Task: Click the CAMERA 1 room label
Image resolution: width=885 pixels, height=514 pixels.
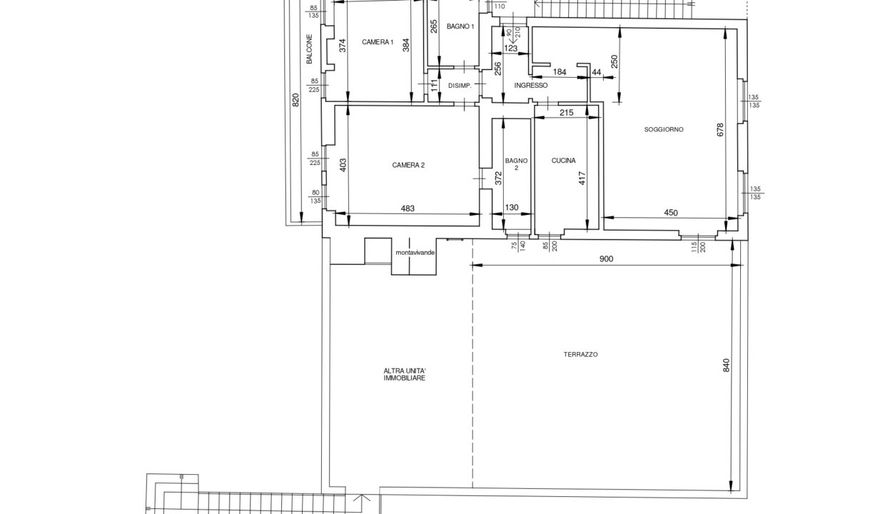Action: click(x=378, y=42)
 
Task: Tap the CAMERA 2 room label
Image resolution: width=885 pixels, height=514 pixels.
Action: click(x=408, y=165)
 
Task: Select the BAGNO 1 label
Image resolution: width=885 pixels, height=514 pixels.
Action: click(x=460, y=26)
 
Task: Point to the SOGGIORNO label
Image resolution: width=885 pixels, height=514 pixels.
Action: click(x=664, y=129)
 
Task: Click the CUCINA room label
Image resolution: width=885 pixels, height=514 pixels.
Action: click(x=563, y=161)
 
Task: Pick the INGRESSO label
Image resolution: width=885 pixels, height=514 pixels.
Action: click(x=530, y=86)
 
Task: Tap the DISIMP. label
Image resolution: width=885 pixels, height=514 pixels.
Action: click(x=460, y=86)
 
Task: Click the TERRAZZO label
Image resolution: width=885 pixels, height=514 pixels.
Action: click(x=580, y=354)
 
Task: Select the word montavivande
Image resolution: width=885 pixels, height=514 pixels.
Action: click(x=415, y=253)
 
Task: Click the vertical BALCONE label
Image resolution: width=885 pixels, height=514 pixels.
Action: click(x=309, y=49)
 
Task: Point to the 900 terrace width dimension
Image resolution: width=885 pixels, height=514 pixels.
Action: click(x=606, y=258)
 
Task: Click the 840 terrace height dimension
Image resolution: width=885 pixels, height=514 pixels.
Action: click(x=726, y=366)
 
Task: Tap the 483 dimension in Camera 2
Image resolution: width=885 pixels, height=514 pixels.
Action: click(x=408, y=208)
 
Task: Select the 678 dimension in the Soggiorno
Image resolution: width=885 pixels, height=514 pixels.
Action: click(x=720, y=130)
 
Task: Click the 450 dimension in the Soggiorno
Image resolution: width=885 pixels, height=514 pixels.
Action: click(x=671, y=213)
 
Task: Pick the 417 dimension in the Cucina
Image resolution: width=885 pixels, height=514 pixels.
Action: click(x=582, y=178)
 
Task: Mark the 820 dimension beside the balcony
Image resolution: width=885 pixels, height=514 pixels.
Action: click(x=295, y=99)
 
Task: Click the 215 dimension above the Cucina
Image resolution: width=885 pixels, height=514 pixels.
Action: click(x=567, y=113)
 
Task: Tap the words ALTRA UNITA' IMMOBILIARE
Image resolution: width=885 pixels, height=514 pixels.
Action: click(x=405, y=375)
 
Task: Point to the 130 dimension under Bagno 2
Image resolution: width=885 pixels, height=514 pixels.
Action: click(x=512, y=208)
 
